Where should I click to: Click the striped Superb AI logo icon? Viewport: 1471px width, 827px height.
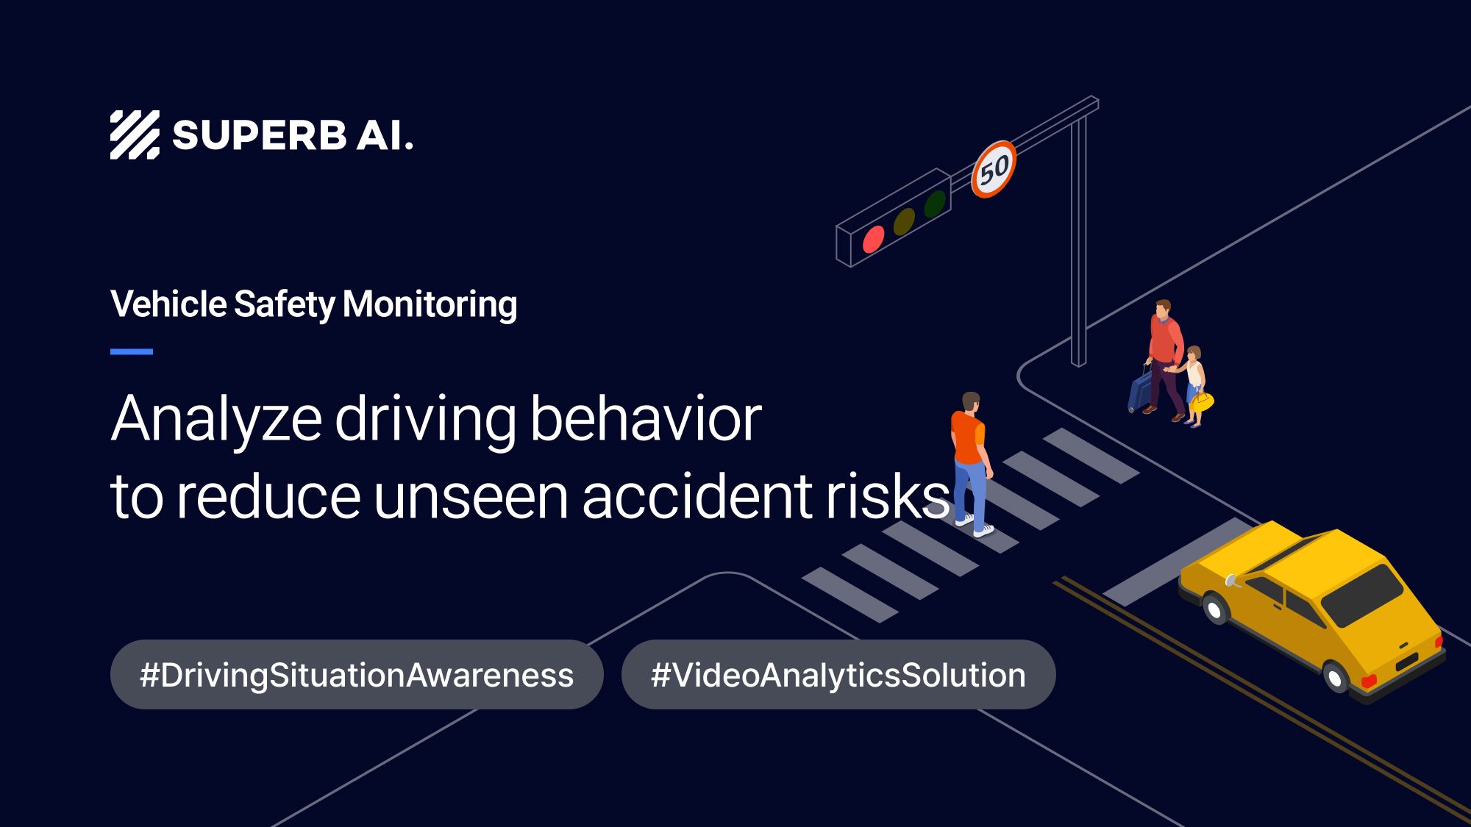135,135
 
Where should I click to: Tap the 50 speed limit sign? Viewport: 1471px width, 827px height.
994,170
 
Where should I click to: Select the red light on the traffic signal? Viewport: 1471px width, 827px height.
873,240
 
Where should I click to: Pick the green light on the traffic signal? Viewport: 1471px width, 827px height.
935,204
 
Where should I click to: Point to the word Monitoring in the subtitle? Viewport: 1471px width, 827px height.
430,304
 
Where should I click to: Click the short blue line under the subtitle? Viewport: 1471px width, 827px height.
132,352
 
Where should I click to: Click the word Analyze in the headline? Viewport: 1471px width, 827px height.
216,419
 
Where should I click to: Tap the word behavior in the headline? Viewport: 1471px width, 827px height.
645,419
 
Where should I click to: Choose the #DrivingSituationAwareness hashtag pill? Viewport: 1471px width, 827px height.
357,675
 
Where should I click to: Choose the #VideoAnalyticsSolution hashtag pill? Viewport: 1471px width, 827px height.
838,675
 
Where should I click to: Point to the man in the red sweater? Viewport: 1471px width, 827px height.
1165,353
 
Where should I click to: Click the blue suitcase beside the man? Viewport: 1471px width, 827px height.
1139,390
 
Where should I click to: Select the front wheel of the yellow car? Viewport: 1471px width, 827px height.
1214,609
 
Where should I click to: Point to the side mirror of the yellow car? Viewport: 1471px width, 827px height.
1230,581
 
